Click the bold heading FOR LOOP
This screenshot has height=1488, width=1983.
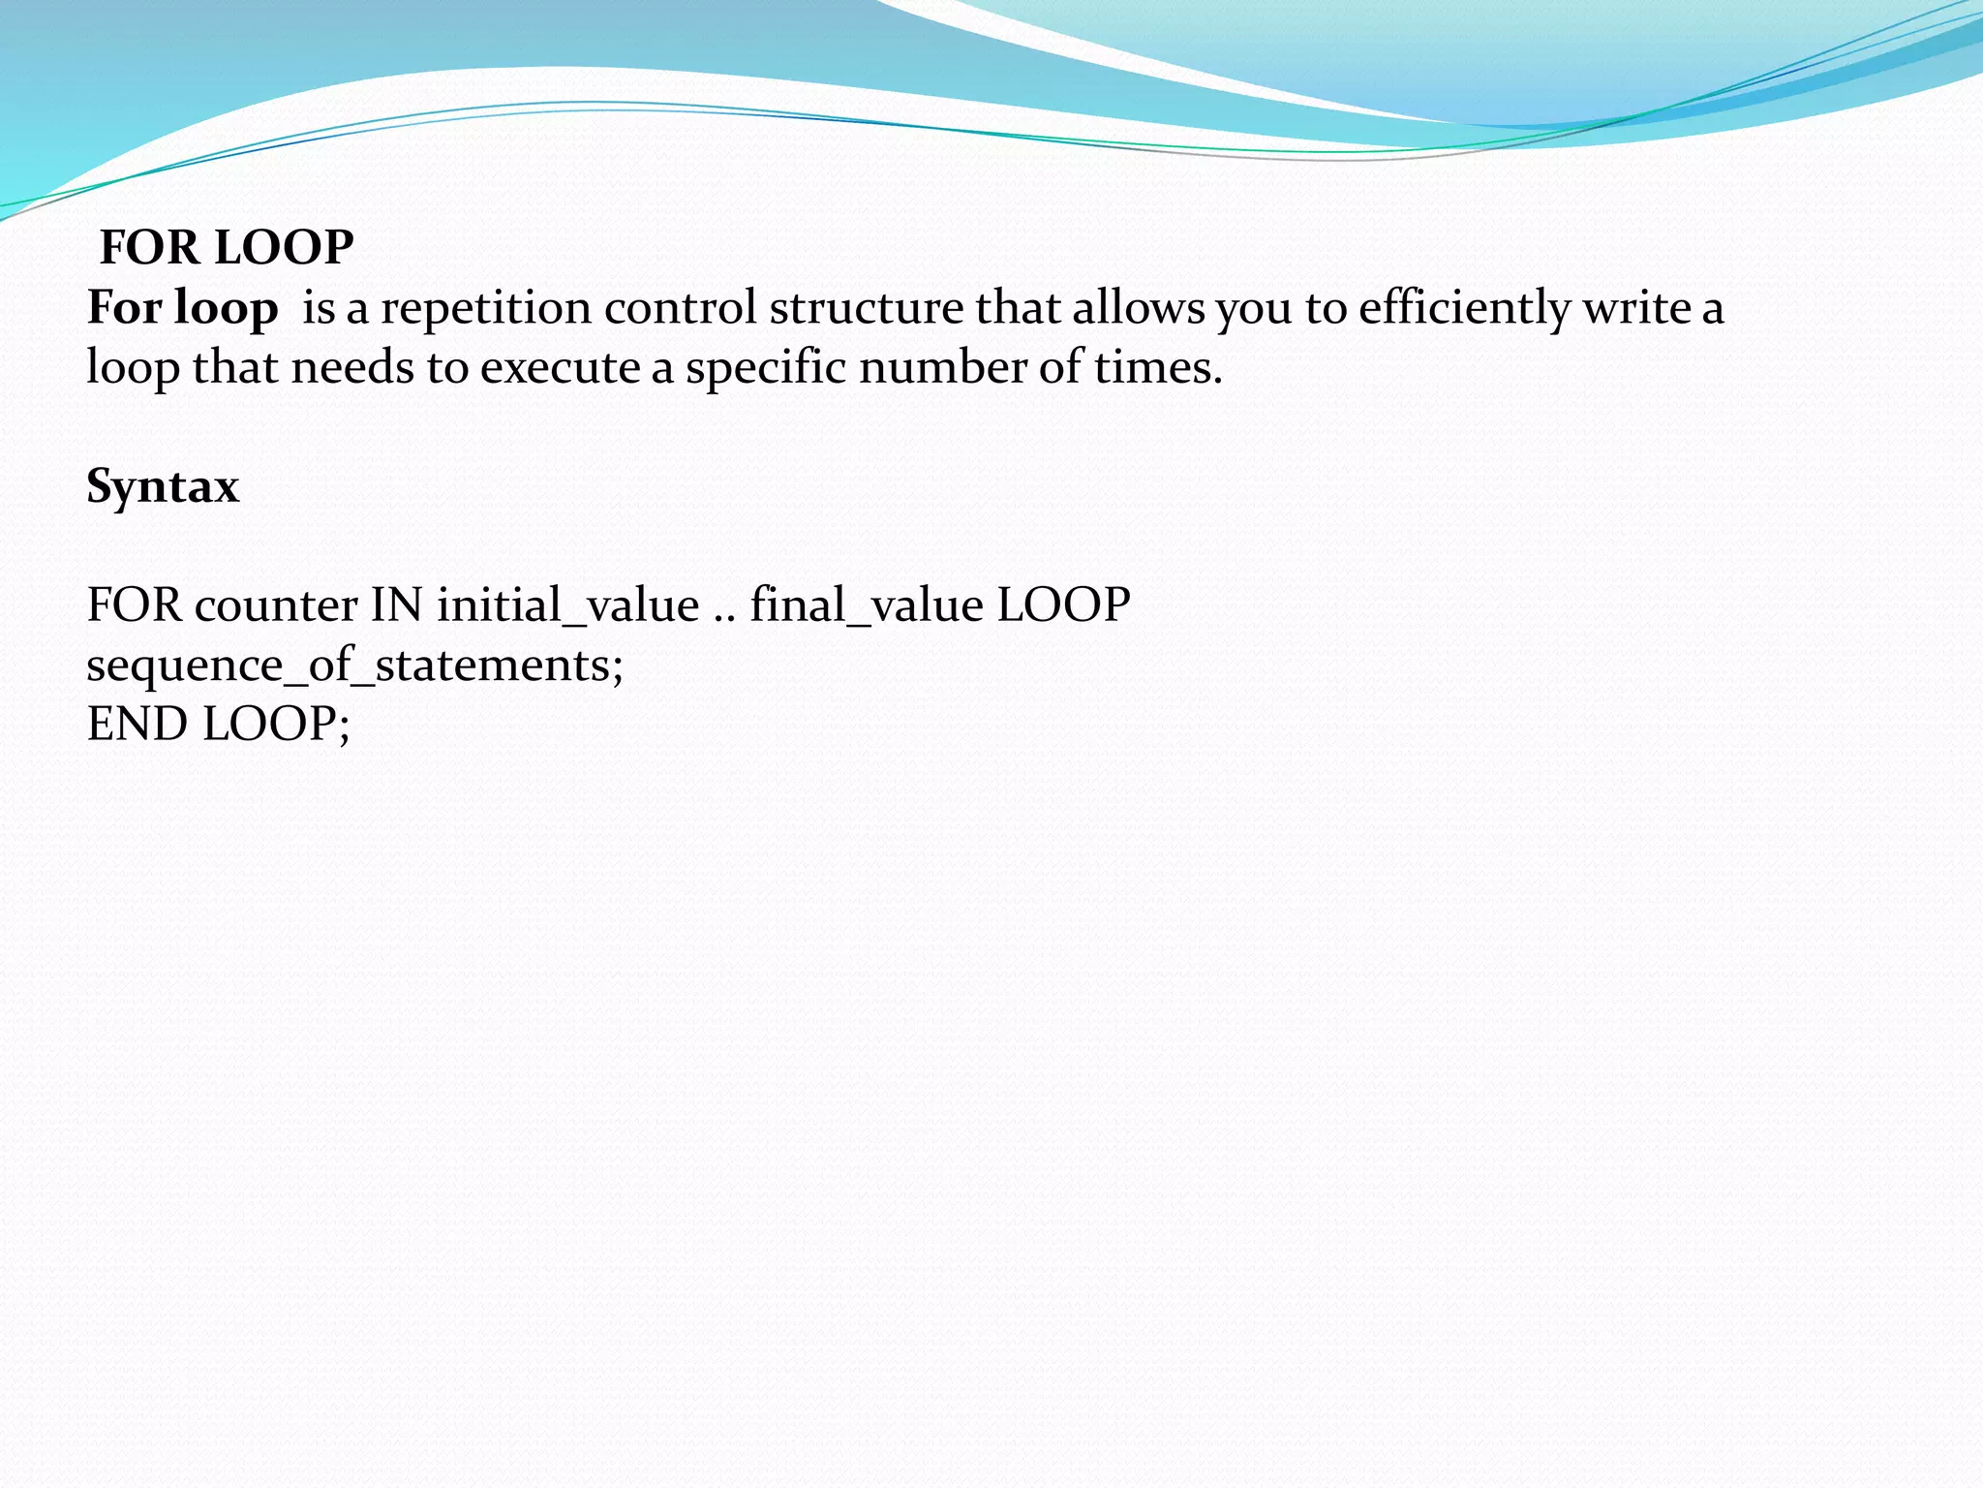click(x=227, y=247)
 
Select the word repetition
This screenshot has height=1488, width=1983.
click(x=486, y=308)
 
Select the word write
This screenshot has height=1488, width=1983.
click(x=1635, y=308)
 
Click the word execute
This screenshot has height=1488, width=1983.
click(x=559, y=368)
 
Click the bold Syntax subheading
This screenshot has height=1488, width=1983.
click(x=163, y=486)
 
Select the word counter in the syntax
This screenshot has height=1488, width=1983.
click(x=276, y=605)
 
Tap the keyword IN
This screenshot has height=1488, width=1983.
click(x=397, y=605)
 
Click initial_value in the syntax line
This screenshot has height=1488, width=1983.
click(x=567, y=605)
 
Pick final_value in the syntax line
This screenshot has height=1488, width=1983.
click(x=867, y=605)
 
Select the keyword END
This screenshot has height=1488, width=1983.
click(x=137, y=725)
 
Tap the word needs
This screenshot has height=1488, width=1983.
click(x=352, y=368)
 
